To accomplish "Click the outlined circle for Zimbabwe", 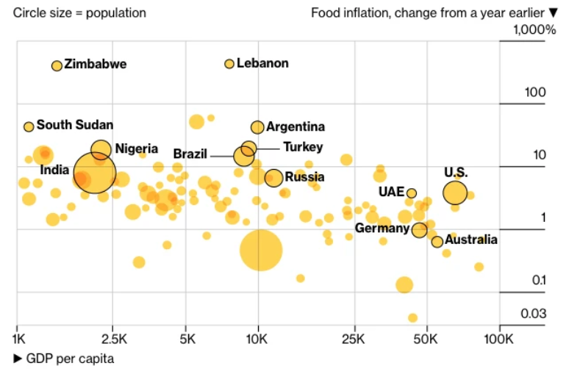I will tap(57, 65).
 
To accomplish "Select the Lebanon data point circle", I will tap(229, 64).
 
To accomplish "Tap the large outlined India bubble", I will tap(95, 173).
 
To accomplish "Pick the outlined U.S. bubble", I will tap(455, 193).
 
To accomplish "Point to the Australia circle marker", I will tap(437, 242).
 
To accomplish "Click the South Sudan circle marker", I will tap(29, 126).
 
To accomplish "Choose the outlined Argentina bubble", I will tap(257, 127).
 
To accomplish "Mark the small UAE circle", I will tap(412, 193).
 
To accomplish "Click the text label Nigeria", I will tap(137, 148).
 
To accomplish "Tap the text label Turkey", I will tap(303, 147).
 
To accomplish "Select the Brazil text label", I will tap(191, 154).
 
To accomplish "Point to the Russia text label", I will tap(304, 176).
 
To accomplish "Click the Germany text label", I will tap(382, 229).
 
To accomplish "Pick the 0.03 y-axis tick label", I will tap(533, 314).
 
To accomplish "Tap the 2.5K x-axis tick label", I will tap(113, 339).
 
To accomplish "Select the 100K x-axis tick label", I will tap(500, 339).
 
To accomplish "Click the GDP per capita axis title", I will tap(70, 359).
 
